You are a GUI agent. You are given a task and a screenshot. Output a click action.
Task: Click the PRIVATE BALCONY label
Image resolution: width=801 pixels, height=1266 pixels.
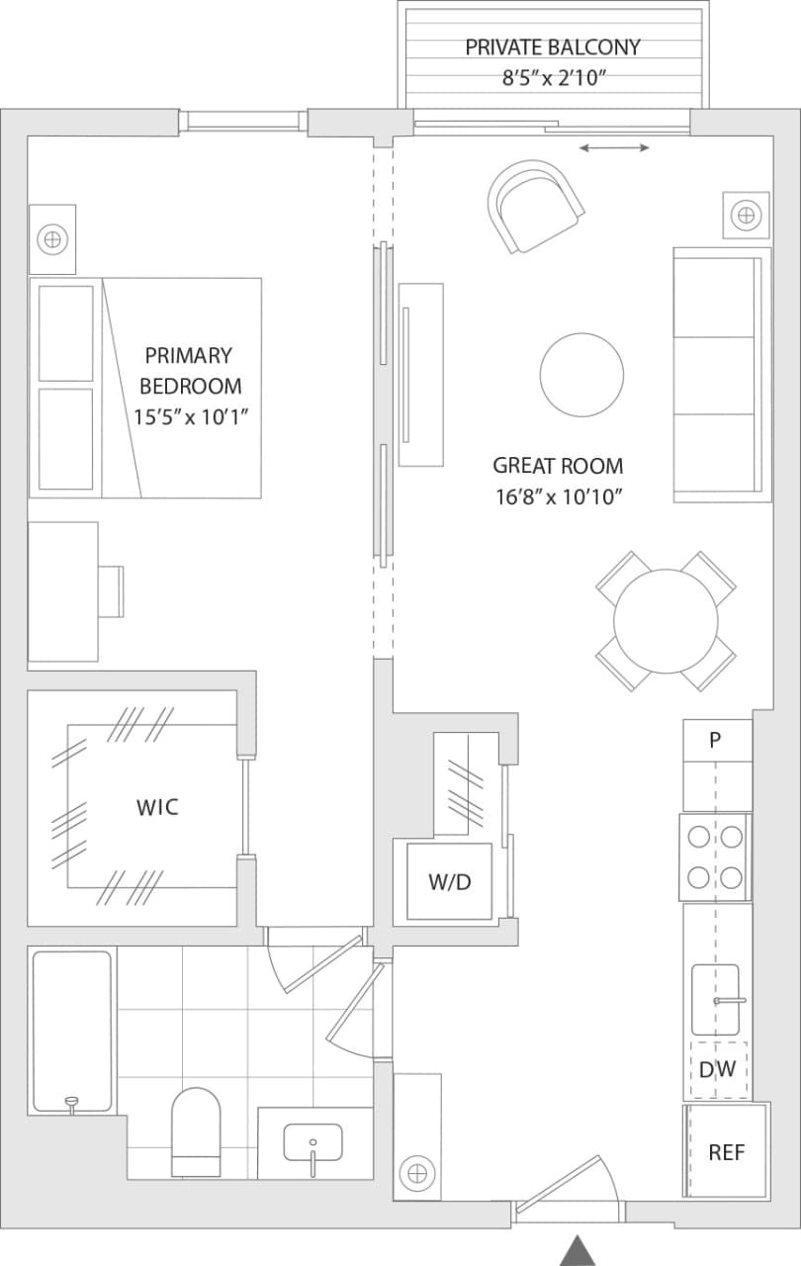pyautogui.click(x=553, y=46)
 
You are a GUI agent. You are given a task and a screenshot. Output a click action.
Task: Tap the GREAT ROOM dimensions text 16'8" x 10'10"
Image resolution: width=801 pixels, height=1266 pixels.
pyautogui.click(x=558, y=497)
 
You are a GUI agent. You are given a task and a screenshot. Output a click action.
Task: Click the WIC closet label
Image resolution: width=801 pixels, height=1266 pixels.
pyautogui.click(x=157, y=807)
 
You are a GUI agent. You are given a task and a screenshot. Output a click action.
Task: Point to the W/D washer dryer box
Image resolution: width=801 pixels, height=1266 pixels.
pyautogui.click(x=450, y=881)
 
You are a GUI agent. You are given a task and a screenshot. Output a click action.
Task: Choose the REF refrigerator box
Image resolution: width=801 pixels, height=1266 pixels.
pyautogui.click(x=726, y=1152)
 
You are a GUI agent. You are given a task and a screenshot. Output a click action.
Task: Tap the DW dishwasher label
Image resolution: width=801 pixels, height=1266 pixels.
pyautogui.click(x=717, y=1069)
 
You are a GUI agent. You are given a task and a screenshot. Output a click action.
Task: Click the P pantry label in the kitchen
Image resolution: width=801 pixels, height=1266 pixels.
pyautogui.click(x=716, y=741)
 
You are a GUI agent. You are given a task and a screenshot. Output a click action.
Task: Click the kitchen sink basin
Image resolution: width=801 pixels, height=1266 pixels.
pyautogui.click(x=715, y=999)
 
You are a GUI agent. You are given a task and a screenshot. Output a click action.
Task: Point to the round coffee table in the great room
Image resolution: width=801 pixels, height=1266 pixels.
pyautogui.click(x=581, y=376)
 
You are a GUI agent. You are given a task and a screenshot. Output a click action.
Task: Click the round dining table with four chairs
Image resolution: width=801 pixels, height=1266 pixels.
pyautogui.click(x=666, y=621)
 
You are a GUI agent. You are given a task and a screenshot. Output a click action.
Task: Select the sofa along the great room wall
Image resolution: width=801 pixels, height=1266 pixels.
pyautogui.click(x=721, y=376)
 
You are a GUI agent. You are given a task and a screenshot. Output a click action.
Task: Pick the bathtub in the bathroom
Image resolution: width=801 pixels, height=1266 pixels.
pyautogui.click(x=71, y=1031)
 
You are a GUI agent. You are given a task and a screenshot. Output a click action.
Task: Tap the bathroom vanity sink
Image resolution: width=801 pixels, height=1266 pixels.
pyautogui.click(x=313, y=1143)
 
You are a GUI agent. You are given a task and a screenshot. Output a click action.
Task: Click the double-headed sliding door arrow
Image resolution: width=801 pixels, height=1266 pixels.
pyautogui.click(x=614, y=148)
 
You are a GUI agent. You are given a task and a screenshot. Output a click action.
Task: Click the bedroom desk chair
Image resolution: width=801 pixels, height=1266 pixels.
pyautogui.click(x=113, y=590)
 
